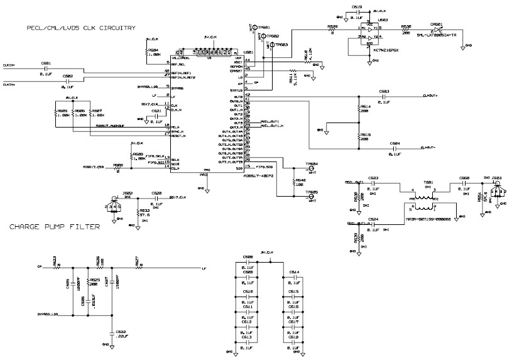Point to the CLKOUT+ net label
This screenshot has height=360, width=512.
(x=430, y=96)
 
